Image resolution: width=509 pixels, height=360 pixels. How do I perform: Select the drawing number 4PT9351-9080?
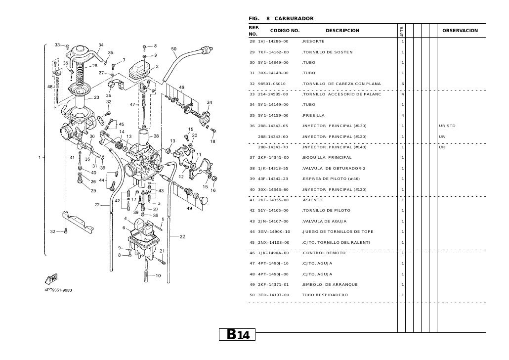(59, 290)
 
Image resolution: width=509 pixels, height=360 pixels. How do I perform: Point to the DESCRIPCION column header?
(342, 31)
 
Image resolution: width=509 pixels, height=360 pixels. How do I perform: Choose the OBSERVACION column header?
(460, 31)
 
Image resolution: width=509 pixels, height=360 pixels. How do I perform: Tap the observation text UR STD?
(447, 126)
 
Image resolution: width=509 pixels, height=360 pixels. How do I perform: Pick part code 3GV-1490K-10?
(274, 232)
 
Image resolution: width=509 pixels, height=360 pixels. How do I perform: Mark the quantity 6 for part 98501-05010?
(403, 84)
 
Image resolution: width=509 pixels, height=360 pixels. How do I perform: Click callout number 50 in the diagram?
(174, 49)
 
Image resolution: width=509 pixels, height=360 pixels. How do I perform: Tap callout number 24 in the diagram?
(210, 102)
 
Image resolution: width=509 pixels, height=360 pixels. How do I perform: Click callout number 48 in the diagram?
(50, 87)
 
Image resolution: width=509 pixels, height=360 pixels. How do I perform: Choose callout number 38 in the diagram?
(157, 135)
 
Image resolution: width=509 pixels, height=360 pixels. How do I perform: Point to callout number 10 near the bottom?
(158, 275)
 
